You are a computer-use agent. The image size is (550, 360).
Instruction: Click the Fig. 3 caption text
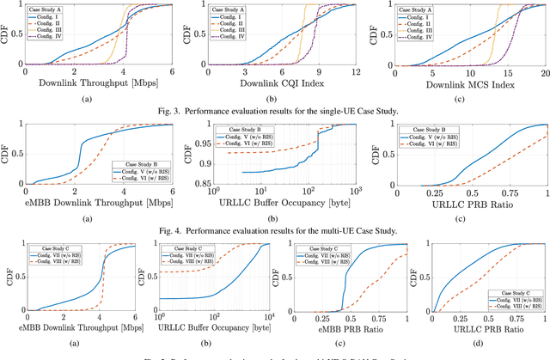(274, 111)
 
